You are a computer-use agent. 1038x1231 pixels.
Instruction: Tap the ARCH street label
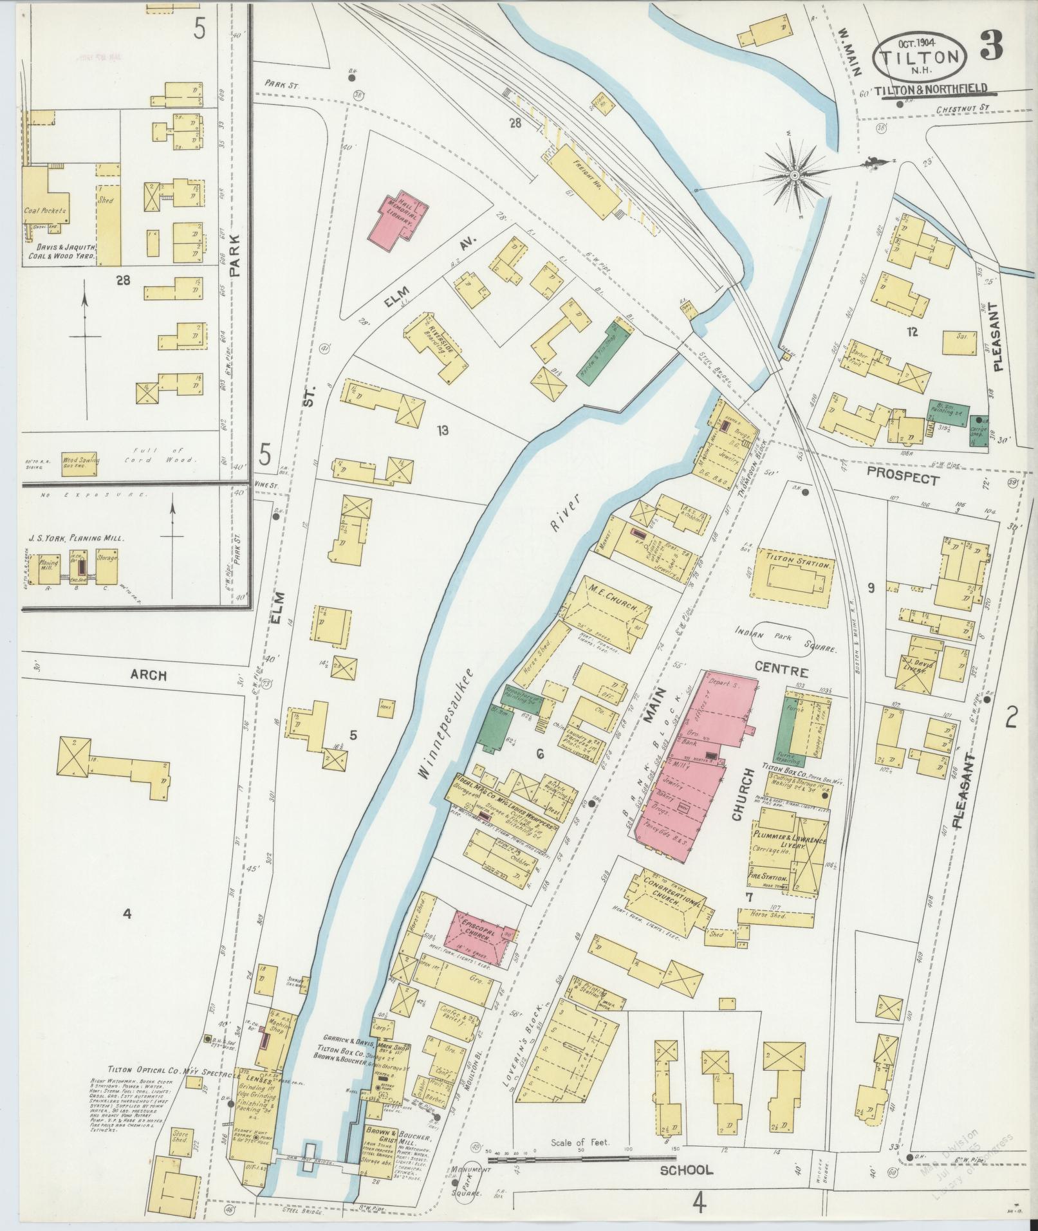click(149, 676)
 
